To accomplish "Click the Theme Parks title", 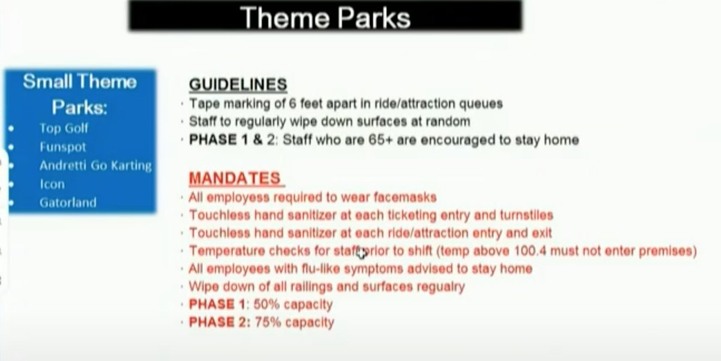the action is [x=325, y=17].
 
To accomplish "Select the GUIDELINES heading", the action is [x=238, y=84].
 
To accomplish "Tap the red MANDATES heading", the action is [x=235, y=178].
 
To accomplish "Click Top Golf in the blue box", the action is [x=64, y=129].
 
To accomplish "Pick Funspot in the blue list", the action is [x=62, y=147].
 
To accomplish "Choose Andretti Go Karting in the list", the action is [x=96, y=165].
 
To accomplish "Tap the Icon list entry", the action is [x=52, y=184].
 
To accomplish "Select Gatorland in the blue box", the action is [x=68, y=202].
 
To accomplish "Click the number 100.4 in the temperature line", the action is [x=530, y=251].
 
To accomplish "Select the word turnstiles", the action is [x=526, y=215].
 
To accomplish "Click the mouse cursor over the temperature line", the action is [x=362, y=253].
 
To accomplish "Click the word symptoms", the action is [x=373, y=269].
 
